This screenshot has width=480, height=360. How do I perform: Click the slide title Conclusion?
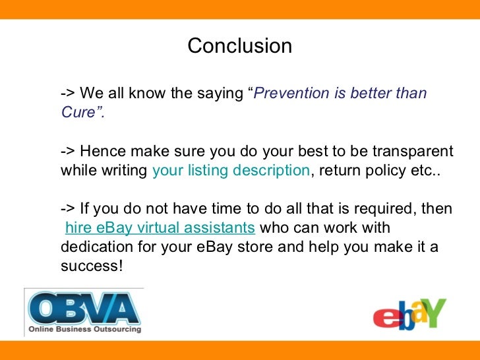point(239,46)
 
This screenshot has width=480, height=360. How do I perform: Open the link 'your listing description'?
point(230,171)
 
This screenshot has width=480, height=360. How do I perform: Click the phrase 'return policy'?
point(361,171)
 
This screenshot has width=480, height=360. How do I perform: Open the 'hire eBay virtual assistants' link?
point(160,228)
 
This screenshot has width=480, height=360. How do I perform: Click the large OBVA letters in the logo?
point(82,309)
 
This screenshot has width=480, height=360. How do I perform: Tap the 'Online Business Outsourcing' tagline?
point(84,329)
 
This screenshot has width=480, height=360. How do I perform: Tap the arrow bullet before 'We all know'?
point(67,94)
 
